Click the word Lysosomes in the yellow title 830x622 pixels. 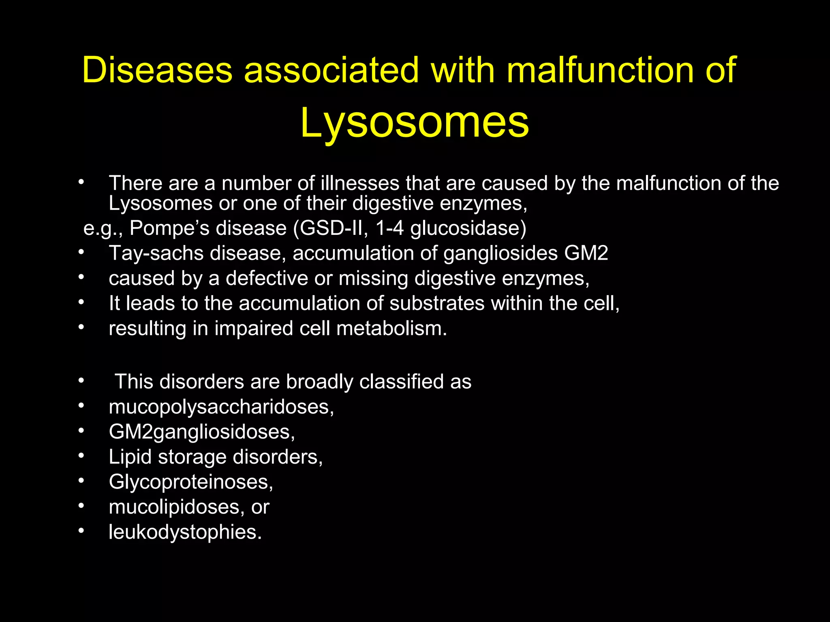414,122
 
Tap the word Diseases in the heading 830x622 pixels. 157,70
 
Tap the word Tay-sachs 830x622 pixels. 156,253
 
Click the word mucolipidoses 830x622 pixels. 174,507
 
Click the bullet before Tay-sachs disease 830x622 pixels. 81,252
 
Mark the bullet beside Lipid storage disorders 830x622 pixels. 81,456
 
